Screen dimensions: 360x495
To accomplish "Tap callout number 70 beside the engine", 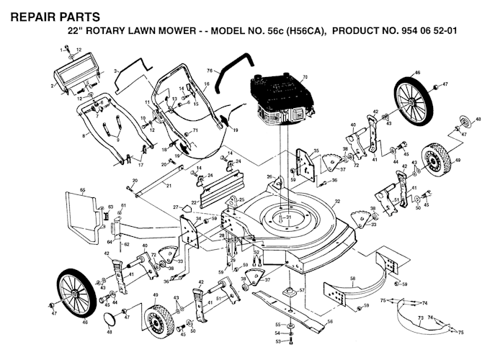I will [304, 76].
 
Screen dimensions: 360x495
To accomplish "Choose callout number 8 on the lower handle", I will [84, 135].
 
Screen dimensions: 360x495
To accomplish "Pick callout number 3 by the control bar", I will [115, 70].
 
